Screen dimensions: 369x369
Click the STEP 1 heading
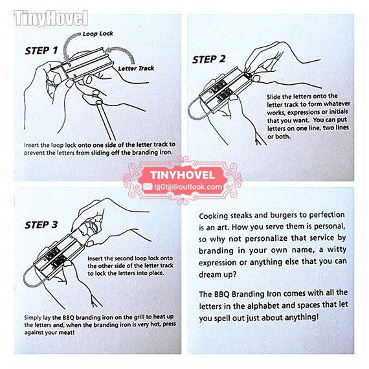tap(41, 50)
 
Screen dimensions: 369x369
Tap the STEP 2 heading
tap(208, 60)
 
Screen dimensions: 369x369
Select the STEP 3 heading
tap(41, 225)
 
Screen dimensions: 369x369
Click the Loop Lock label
tap(98, 34)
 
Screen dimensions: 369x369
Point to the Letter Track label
tap(136, 68)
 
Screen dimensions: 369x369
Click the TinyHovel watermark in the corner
tap(51, 18)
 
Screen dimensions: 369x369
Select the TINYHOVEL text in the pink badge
tap(183, 175)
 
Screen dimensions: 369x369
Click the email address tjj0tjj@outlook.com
tap(188, 187)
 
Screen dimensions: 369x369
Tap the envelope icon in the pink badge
tap(148, 187)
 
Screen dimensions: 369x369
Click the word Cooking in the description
tap(213, 216)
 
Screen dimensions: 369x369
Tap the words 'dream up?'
tap(218, 274)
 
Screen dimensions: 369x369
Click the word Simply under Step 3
tap(33, 318)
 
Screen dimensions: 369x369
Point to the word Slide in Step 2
tap(273, 97)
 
